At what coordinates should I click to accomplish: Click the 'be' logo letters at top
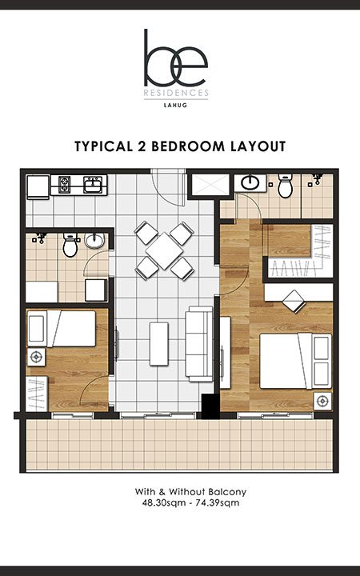point(175,58)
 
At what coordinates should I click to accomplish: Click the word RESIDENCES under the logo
point(176,93)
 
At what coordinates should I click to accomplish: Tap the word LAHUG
point(175,105)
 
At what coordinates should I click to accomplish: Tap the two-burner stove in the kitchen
point(64,185)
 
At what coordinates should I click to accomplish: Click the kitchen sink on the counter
point(93,185)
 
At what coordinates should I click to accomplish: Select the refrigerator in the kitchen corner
point(38,187)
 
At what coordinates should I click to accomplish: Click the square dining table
point(164,251)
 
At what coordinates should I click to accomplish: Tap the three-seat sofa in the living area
point(199,344)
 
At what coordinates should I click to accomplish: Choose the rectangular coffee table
point(159,344)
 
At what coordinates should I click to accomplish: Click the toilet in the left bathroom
point(70,245)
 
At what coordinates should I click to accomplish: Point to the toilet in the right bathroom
point(286,186)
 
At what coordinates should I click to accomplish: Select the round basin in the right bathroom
point(250,182)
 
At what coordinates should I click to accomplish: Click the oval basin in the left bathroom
point(94,241)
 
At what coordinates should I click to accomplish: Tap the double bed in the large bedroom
point(295,360)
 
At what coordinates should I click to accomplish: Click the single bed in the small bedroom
point(62,329)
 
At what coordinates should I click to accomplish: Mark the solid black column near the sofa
point(210,406)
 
